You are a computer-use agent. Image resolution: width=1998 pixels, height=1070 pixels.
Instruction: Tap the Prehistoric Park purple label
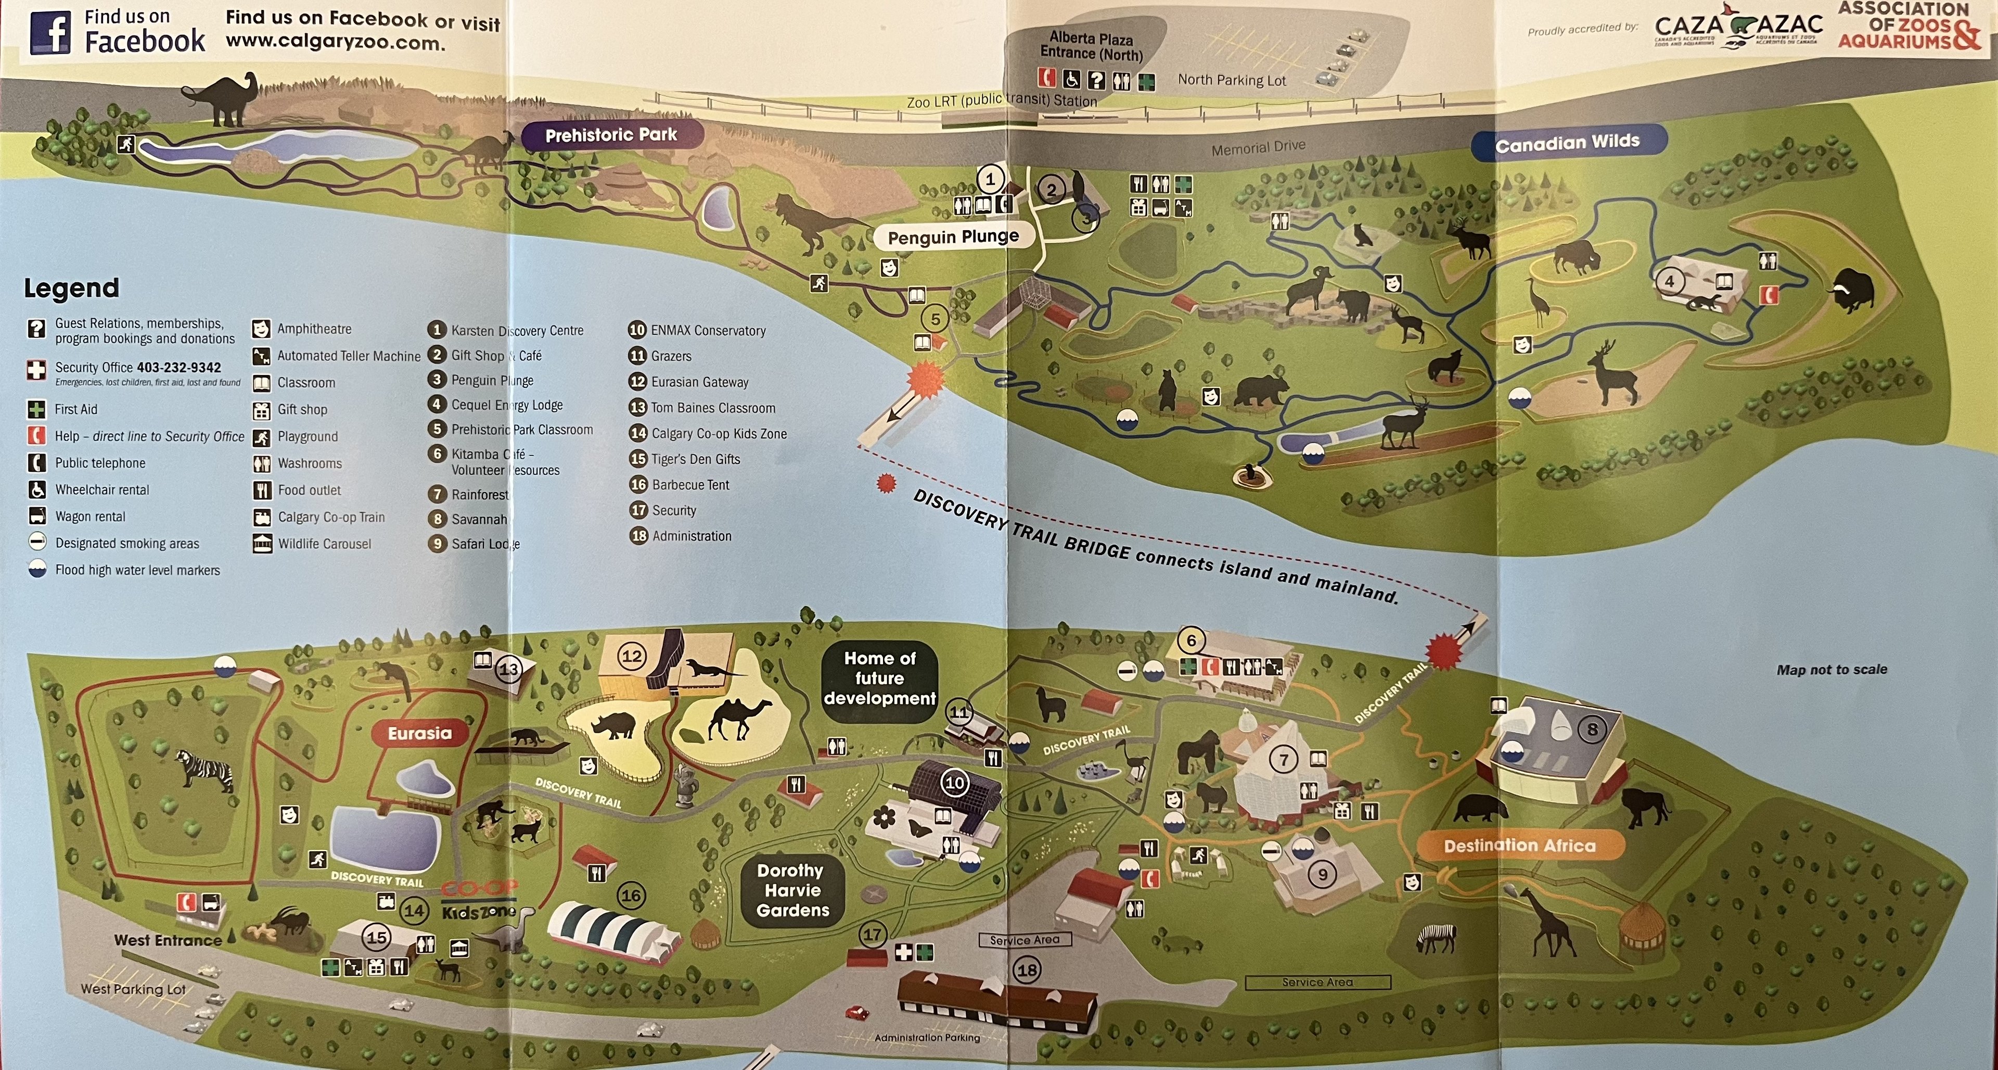pyautogui.click(x=611, y=135)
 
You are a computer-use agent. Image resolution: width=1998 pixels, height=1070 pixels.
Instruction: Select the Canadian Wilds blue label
pyautogui.click(x=1568, y=143)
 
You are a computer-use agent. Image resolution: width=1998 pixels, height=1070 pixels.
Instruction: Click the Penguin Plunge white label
pyautogui.click(x=953, y=237)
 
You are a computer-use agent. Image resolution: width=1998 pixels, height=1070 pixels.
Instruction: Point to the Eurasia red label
pyautogui.click(x=419, y=733)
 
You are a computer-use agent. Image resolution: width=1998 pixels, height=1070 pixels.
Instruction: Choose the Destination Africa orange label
pyautogui.click(x=1519, y=846)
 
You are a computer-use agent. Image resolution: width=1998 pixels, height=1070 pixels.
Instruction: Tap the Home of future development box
pyautogui.click(x=879, y=678)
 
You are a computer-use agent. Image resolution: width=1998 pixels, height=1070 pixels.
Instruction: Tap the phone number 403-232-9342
pyautogui.click(x=179, y=368)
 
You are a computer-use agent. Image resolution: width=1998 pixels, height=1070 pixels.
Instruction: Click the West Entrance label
pyautogui.click(x=168, y=940)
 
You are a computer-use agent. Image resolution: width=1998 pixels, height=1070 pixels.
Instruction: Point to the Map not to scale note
pyautogui.click(x=1831, y=670)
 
